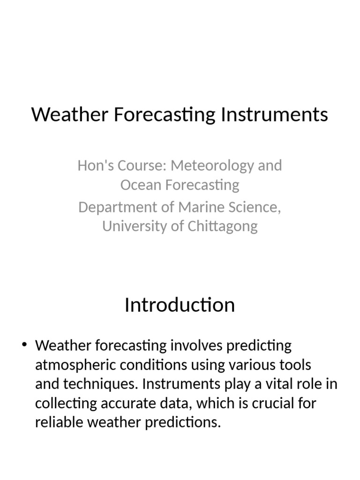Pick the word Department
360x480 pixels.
point(117,207)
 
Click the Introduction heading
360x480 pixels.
point(180,305)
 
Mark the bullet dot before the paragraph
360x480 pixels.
point(24,346)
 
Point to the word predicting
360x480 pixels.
point(259,346)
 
